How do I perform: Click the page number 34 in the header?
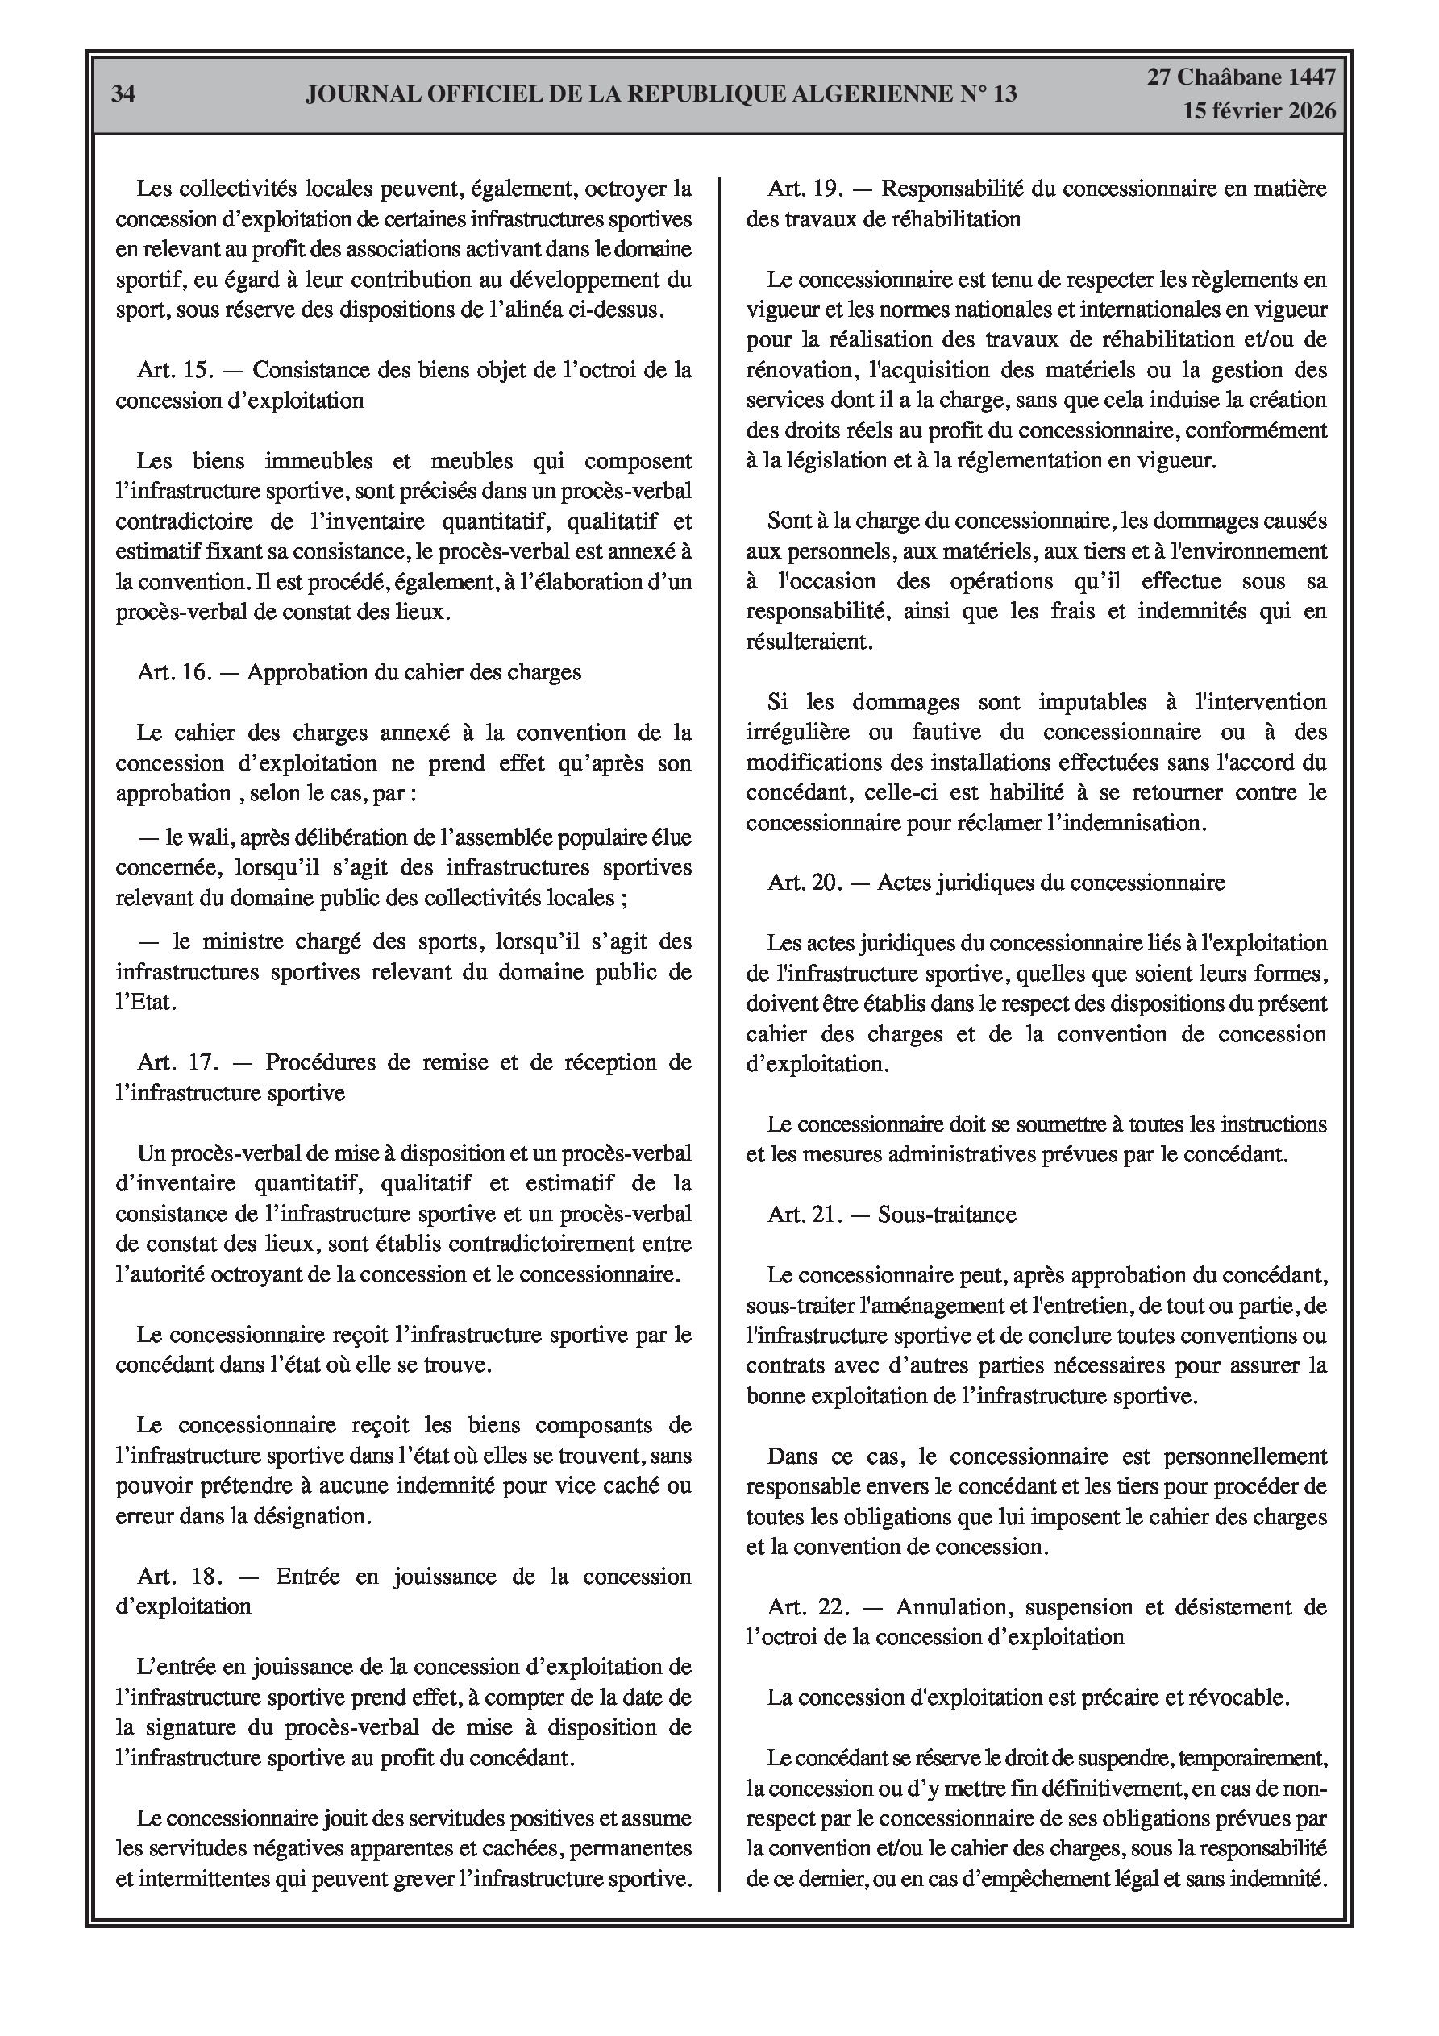123,95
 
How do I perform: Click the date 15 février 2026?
1258,111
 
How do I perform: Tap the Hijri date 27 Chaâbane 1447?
1241,78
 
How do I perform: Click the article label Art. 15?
175,370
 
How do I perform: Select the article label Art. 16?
175,672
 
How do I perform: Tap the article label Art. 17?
177,1062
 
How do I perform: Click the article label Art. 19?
805,189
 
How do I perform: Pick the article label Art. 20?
805,883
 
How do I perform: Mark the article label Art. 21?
805,1214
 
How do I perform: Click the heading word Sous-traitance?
946,1214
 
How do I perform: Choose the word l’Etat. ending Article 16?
147,1002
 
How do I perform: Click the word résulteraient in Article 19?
809,641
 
